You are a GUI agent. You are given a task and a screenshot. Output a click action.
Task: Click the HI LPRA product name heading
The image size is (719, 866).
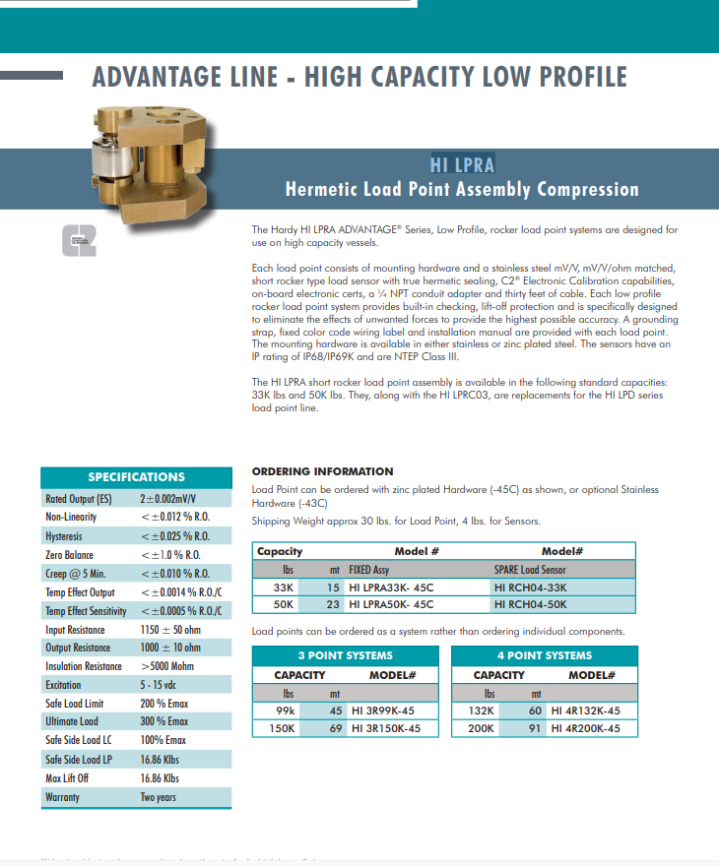click(x=462, y=164)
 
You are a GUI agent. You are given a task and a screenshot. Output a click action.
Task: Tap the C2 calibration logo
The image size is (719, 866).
click(x=78, y=242)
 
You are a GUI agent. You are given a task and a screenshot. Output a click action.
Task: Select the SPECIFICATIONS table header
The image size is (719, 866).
click(x=136, y=477)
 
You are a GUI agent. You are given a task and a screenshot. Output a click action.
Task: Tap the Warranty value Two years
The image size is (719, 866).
click(x=159, y=797)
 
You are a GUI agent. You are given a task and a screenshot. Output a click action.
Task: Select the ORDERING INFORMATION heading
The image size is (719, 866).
click(x=322, y=471)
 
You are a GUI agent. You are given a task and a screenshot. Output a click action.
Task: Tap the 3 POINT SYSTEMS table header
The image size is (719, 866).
click(x=345, y=655)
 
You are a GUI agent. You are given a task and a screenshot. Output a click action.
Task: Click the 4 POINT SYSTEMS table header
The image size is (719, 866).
click(x=544, y=655)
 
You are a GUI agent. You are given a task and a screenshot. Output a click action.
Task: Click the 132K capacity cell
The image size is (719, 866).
click(x=486, y=711)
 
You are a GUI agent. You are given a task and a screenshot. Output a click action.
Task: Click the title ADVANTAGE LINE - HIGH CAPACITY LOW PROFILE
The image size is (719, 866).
click(x=359, y=77)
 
